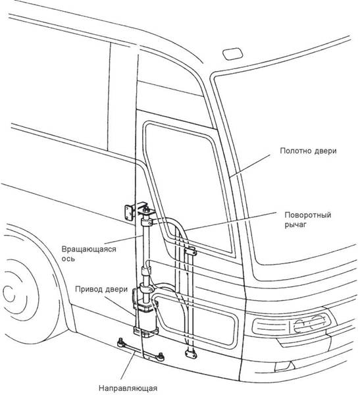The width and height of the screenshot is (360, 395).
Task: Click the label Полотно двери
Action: [308, 151]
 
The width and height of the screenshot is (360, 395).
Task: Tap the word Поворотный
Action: [307, 215]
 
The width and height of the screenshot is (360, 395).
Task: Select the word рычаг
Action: [296, 224]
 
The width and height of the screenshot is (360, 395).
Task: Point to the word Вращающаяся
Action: [89, 250]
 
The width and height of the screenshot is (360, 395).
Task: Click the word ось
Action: [68, 259]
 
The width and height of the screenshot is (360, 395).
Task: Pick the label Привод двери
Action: [101, 289]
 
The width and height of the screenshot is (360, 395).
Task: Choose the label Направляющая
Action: [128, 388]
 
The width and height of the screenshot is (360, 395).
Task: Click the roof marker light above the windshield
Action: [232, 54]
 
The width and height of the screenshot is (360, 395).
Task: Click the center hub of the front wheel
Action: [10, 294]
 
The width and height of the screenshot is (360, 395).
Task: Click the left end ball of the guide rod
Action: [120, 342]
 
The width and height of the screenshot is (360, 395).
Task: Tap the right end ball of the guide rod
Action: [160, 355]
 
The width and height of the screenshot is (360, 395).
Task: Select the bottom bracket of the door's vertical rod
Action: [190, 353]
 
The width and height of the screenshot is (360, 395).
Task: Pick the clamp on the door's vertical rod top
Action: [190, 251]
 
